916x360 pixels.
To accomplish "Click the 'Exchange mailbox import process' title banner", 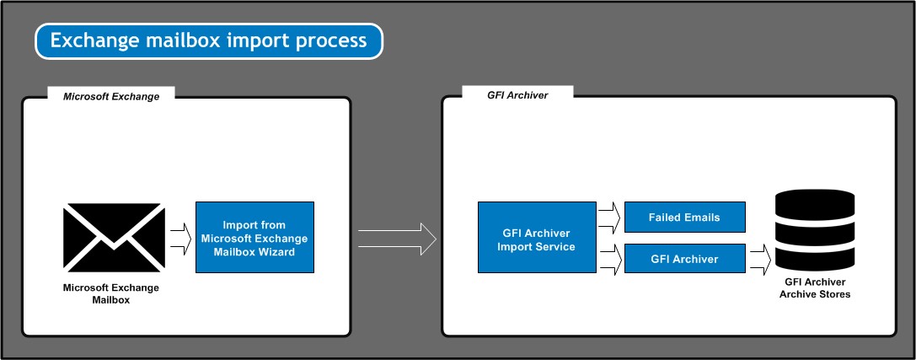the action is pos(208,41).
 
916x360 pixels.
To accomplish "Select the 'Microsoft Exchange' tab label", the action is pos(111,96).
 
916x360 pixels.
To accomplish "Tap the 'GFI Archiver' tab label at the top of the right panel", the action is pos(517,95).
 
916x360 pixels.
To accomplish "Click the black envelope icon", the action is pos(114,237).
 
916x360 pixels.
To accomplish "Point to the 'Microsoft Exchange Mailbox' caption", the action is pos(111,294).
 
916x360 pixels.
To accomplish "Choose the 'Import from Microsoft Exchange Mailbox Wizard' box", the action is pos(254,237).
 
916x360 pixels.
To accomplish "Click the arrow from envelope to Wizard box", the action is pos(181,239).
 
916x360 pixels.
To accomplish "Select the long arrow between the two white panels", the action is pos(397,239).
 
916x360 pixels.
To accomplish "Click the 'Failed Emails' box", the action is pos(684,218).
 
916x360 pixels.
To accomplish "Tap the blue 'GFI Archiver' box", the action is pos(684,259).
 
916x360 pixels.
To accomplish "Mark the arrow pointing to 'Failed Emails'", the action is pos(610,218).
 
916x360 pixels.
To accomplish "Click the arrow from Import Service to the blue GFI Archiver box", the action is pos(610,259).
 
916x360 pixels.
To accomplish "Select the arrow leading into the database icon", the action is pos(761,259).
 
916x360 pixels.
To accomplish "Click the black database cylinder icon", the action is pos(814,230).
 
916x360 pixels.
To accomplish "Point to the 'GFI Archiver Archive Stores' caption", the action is pos(814,288).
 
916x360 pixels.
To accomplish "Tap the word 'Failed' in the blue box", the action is pos(664,218).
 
